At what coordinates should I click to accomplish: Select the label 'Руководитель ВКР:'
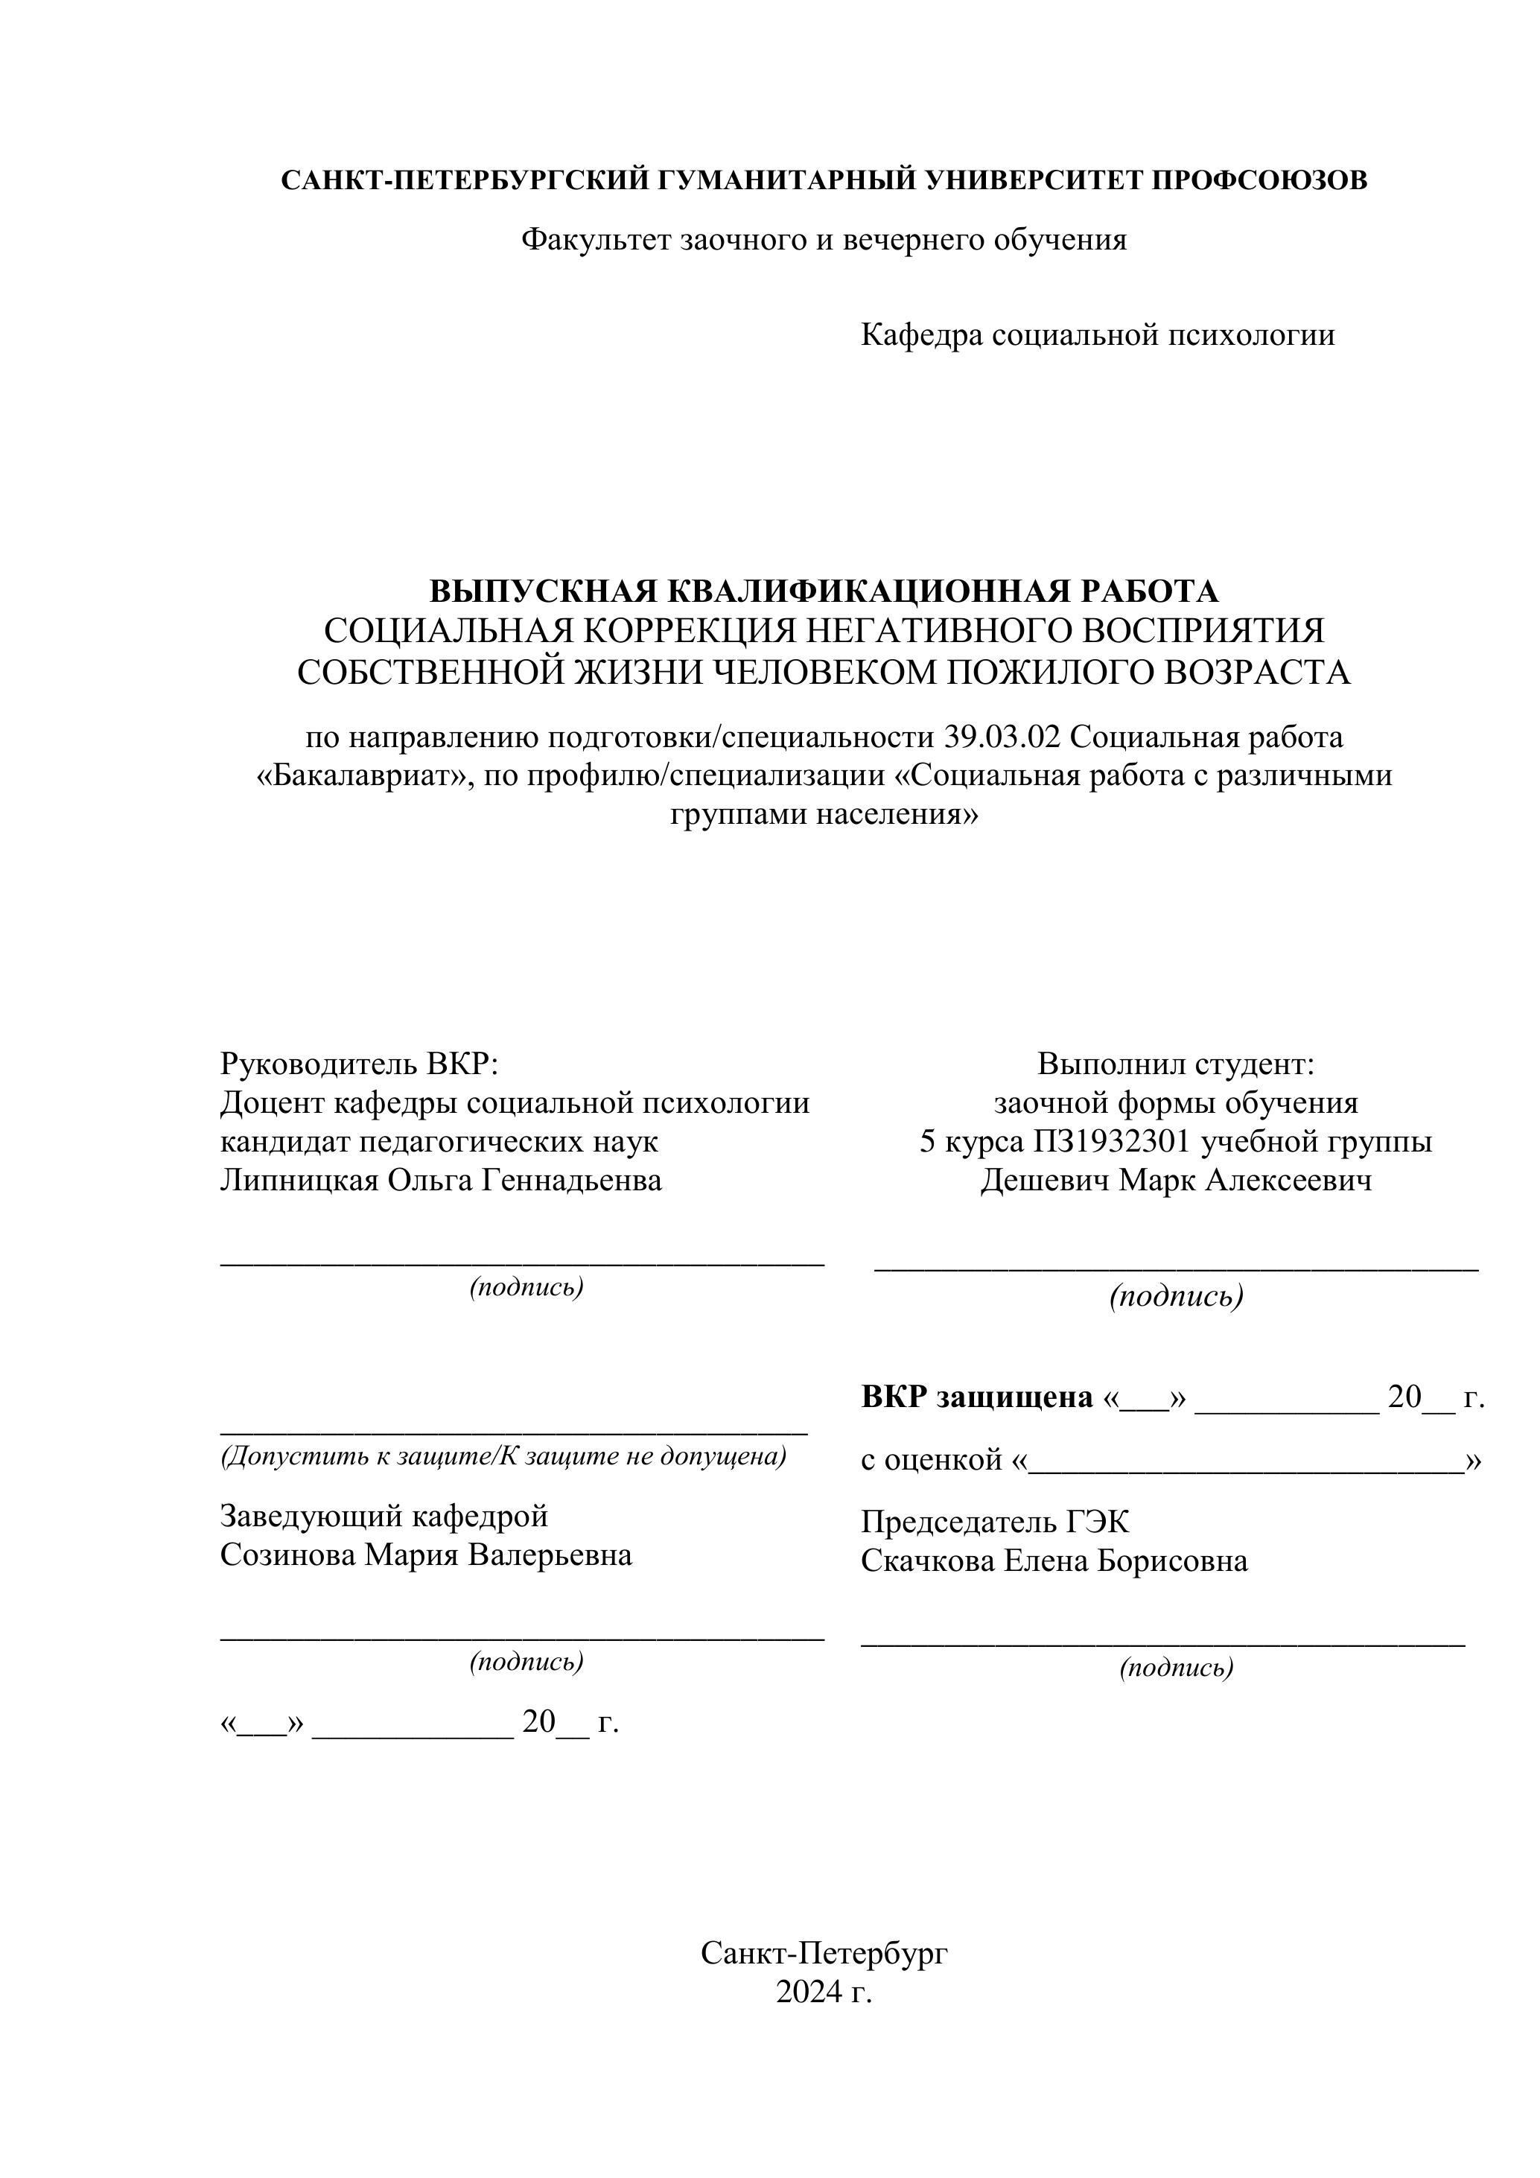point(360,1064)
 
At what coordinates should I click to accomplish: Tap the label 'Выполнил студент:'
point(1176,1064)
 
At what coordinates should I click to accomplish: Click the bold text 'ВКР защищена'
point(977,1397)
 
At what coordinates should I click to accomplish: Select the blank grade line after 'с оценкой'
point(1246,1461)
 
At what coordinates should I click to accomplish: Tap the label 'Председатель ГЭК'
point(995,1522)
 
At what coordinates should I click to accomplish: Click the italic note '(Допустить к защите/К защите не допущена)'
point(503,1455)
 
